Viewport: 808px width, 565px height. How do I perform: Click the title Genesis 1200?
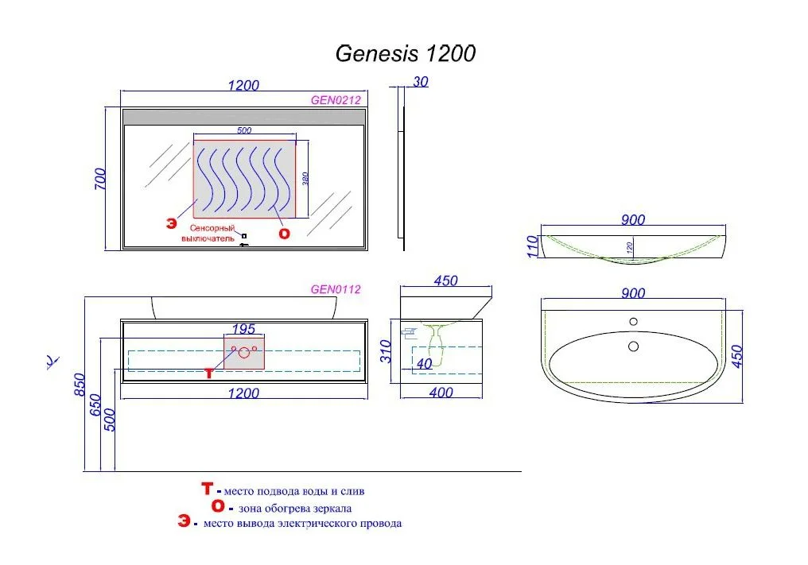406,53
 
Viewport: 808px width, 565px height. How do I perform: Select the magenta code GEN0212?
336,100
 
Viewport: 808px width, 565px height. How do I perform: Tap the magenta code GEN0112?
336,289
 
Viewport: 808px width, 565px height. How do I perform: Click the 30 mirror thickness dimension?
421,80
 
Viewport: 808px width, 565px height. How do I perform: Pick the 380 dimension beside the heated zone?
305,180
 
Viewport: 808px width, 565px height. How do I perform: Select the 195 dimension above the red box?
243,328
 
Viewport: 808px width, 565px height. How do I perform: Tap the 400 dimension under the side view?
441,392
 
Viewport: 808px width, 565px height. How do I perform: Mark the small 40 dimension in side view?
423,364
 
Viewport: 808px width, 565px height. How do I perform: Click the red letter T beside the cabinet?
209,373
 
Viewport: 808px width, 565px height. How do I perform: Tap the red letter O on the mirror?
284,233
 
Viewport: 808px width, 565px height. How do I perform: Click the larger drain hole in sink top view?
634,346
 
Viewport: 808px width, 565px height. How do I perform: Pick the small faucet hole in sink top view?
634,322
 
